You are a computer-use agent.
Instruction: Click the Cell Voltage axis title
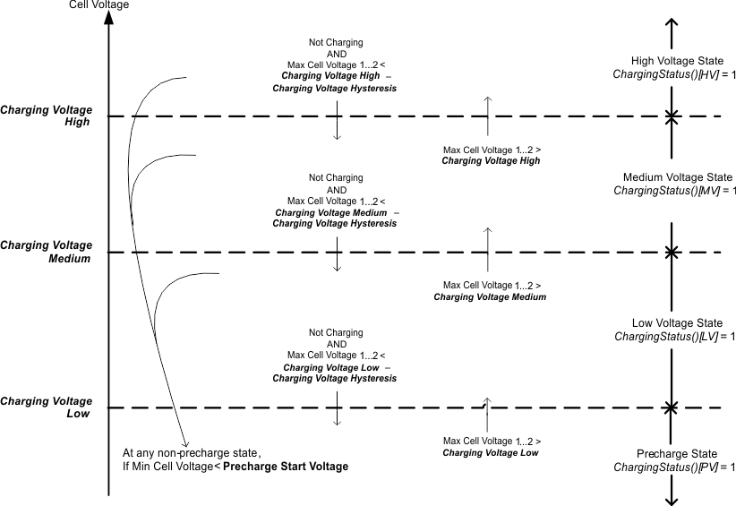(x=98, y=5)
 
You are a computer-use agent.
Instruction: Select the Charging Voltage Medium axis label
(x=47, y=252)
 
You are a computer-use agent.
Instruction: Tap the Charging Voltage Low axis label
(x=47, y=407)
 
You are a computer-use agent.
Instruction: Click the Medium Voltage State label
(x=672, y=177)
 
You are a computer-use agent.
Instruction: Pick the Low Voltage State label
(x=672, y=322)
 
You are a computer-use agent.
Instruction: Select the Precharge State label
(x=672, y=453)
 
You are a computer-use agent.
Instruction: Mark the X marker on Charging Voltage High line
(x=671, y=116)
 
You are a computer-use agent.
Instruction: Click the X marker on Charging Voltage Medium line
(x=671, y=253)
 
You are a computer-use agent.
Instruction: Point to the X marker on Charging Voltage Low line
(x=671, y=408)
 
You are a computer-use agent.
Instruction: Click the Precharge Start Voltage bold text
(x=286, y=467)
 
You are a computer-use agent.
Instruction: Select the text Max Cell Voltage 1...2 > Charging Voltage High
(x=492, y=155)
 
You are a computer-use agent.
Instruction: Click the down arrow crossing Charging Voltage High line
(x=337, y=120)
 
